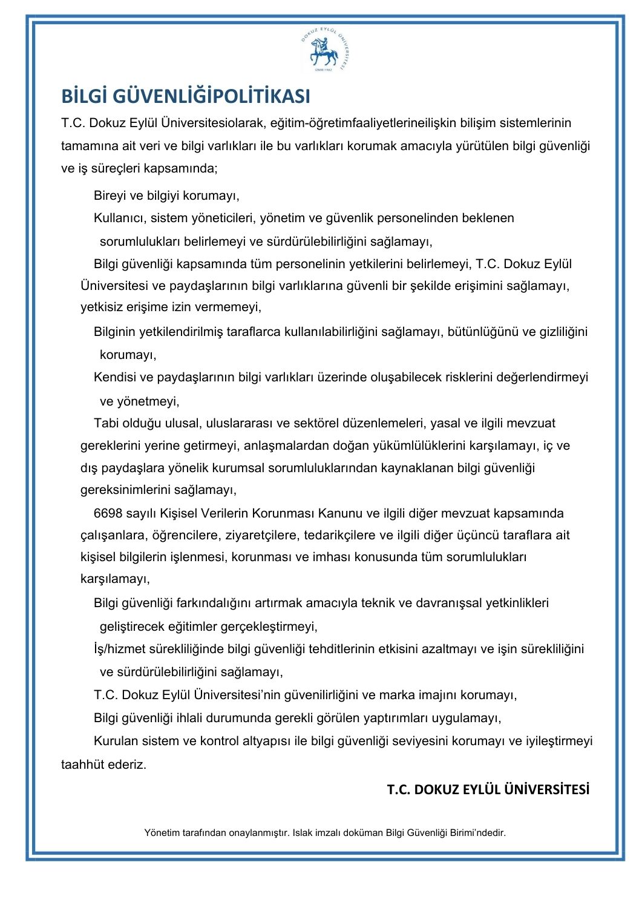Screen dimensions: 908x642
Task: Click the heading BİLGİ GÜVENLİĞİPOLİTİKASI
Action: point(186,96)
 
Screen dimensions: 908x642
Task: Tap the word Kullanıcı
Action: point(119,218)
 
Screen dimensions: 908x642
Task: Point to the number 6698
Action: point(108,513)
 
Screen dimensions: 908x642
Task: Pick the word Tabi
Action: point(106,423)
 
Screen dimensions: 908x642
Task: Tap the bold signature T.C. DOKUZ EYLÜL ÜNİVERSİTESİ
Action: point(488,789)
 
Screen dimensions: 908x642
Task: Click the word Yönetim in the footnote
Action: point(161,832)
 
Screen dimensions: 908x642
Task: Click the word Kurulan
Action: point(116,741)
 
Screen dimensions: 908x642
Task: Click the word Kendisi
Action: point(117,377)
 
